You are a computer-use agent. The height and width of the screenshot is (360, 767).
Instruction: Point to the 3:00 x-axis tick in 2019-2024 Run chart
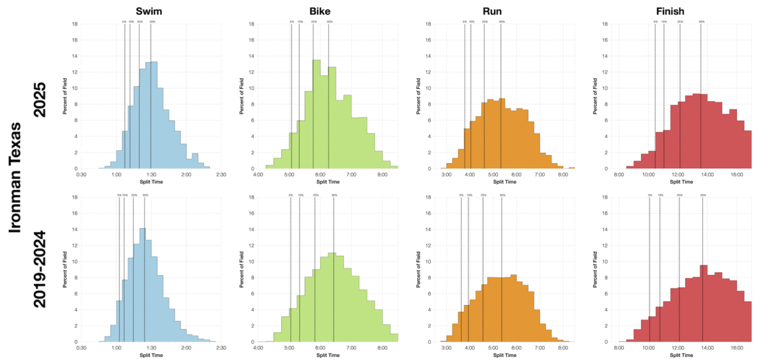point(446,348)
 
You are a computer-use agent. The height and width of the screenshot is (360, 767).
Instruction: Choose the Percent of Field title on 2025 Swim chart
point(65,97)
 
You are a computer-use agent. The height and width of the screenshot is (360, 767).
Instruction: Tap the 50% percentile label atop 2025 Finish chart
point(701,22)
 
